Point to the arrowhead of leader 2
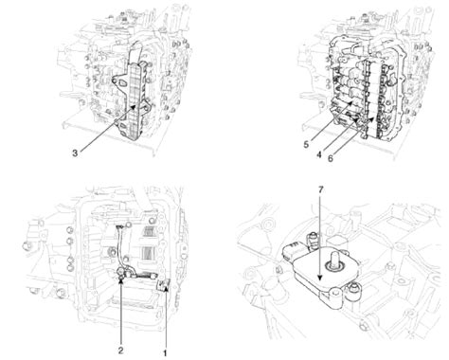124,278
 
